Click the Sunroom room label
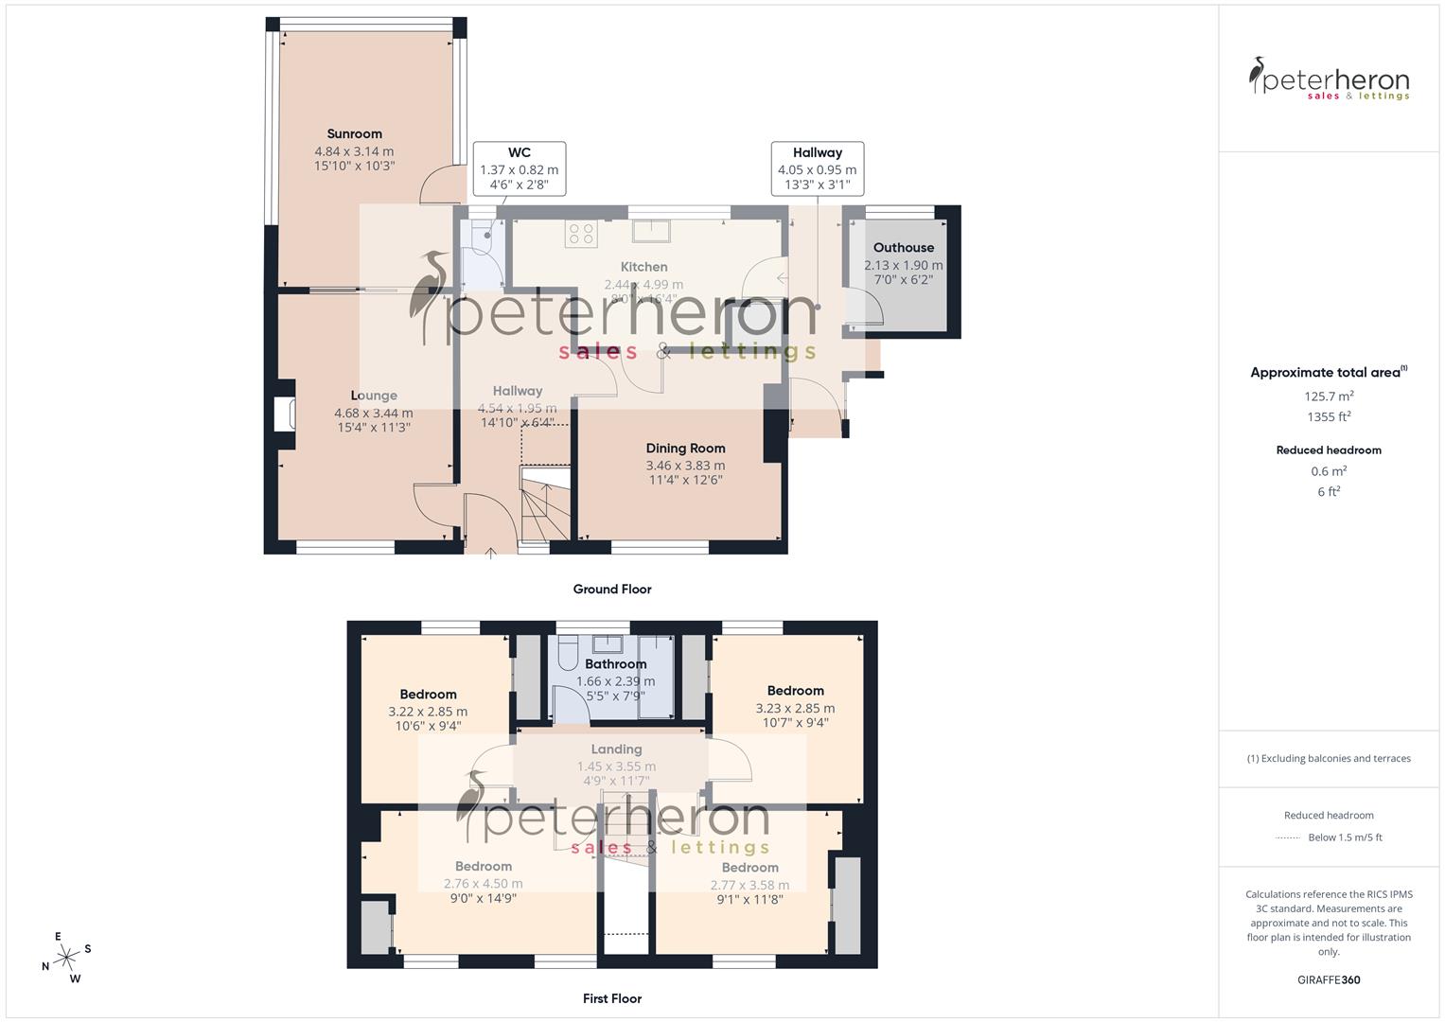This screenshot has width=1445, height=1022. click(x=354, y=133)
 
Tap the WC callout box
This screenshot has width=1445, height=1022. click(x=519, y=168)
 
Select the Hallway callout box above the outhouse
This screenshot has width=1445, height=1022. click(x=817, y=168)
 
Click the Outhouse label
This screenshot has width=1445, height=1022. click(x=903, y=248)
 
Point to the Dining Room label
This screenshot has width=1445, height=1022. click(x=685, y=449)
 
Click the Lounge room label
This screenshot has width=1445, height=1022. click(x=374, y=396)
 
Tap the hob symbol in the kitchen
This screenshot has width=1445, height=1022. click(x=581, y=234)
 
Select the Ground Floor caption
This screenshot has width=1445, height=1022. click(x=612, y=589)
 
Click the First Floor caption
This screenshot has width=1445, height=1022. click(x=612, y=998)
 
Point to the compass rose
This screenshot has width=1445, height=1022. click(x=67, y=958)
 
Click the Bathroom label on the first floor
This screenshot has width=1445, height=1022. click(x=615, y=664)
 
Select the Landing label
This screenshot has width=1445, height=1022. click(x=616, y=749)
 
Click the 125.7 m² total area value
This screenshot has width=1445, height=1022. click(x=1329, y=396)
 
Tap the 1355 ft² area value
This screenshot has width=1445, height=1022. click(x=1329, y=417)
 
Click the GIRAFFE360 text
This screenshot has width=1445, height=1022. click(x=1329, y=979)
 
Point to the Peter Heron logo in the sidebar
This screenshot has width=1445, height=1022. click(x=1329, y=79)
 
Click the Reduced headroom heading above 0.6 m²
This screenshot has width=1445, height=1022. click(x=1329, y=450)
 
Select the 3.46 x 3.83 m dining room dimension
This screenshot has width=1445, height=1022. click(x=685, y=466)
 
